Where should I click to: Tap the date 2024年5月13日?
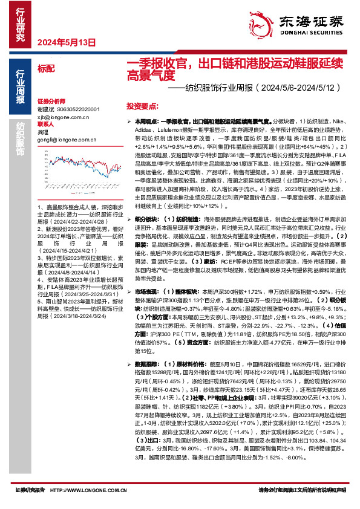click(x=67, y=43)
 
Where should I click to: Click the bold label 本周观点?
click(x=149, y=122)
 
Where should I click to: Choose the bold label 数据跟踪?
click(x=148, y=364)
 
